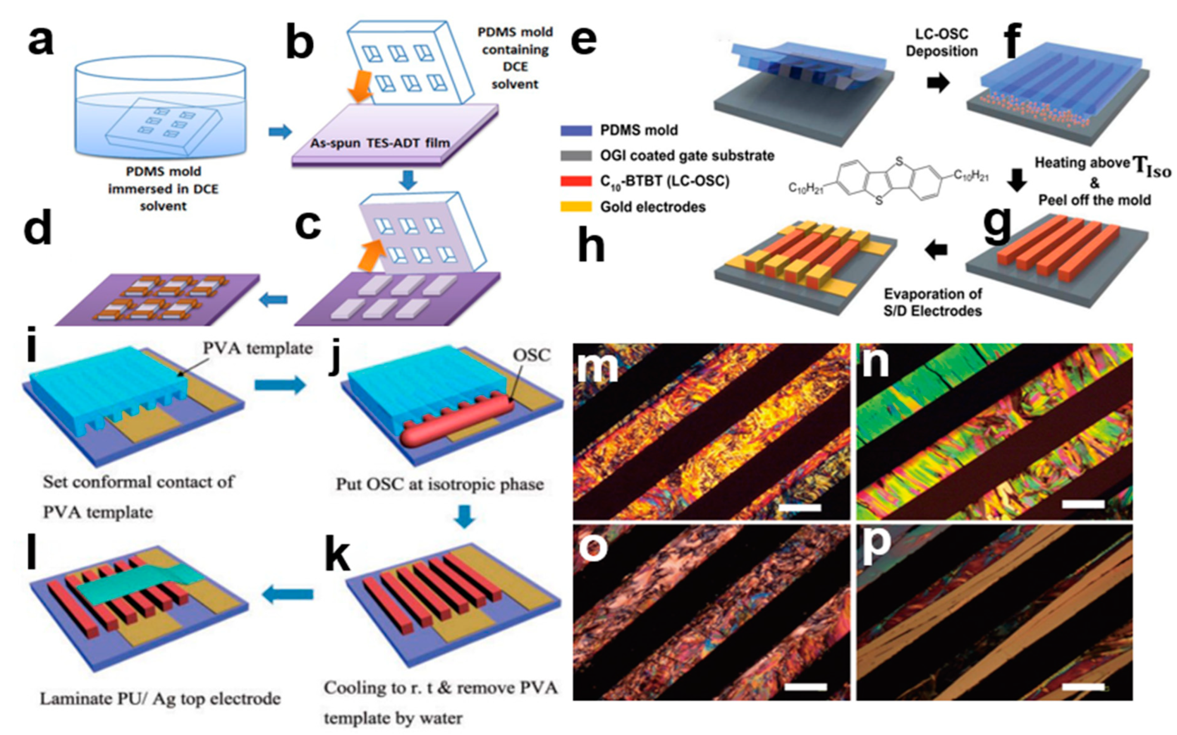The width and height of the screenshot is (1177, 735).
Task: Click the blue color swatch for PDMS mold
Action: pyautogui.click(x=576, y=130)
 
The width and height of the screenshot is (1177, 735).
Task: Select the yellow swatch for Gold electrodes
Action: pyautogui.click(x=576, y=207)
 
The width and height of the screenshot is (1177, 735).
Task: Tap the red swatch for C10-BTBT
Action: pyautogui.click(x=576, y=181)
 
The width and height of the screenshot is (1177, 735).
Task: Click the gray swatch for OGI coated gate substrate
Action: pyautogui.click(x=576, y=156)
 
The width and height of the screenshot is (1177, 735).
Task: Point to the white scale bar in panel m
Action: pyautogui.click(x=800, y=507)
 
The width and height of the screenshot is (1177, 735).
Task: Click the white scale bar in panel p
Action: pyautogui.click(x=1083, y=686)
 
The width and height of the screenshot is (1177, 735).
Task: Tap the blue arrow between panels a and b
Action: pyautogui.click(x=280, y=131)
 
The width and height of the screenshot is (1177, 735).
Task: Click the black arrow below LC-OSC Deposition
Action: pyautogui.click(x=938, y=82)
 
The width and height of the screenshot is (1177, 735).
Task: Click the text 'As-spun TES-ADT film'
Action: pyautogui.click(x=380, y=143)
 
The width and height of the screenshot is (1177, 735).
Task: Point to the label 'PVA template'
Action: pyautogui.click(x=257, y=348)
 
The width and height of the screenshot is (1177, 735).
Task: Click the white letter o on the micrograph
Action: pyautogui.click(x=593, y=546)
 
